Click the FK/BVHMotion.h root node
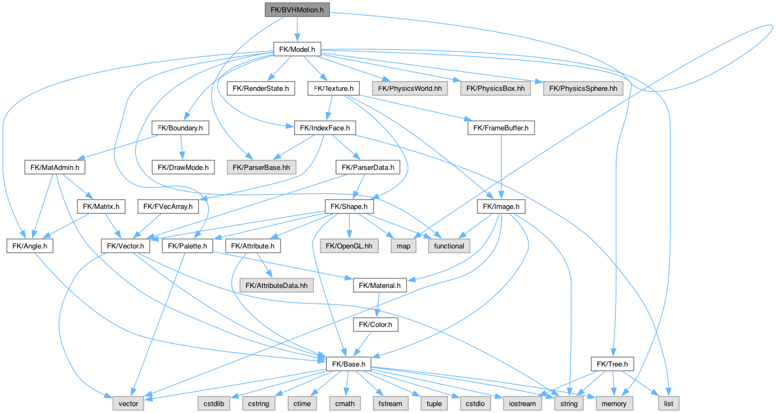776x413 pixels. coord(297,9)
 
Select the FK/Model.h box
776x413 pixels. coord(296,50)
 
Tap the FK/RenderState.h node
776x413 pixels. coord(260,89)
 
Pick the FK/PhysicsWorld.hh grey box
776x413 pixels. coord(410,89)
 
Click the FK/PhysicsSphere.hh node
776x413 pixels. coord(583,89)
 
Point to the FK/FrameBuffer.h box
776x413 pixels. coord(501,128)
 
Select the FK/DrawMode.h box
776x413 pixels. coord(183,167)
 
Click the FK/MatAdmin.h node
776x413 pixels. coord(55,167)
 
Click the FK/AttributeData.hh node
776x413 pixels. coord(276,285)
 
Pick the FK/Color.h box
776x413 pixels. coord(375,324)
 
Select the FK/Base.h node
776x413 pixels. coord(348,364)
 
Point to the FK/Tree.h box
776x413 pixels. coord(612,364)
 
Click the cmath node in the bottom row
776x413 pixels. coord(344,403)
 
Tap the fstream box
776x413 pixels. coord(390,403)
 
